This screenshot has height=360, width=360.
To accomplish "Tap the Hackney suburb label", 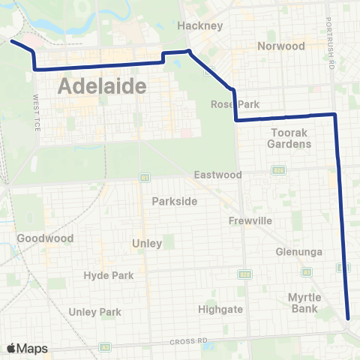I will (200, 25).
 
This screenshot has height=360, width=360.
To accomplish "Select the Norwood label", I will (280, 46).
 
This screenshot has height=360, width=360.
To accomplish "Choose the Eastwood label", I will (217, 175).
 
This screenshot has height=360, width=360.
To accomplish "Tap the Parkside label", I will (174, 201).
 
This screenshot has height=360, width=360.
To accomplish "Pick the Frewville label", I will (250, 220).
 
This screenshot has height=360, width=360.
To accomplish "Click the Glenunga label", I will (298, 251).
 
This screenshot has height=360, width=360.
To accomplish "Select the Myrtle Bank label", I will (305, 302).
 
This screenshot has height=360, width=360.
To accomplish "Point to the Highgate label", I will (219, 308).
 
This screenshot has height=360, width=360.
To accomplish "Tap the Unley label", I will (146, 243).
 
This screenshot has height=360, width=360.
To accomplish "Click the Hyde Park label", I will (108, 275).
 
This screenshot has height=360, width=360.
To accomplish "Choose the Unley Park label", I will (94, 311).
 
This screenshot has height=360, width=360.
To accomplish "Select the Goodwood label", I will (45, 238).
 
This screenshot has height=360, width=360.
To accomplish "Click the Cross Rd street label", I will (187, 342).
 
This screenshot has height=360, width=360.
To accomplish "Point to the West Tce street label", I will (36, 112).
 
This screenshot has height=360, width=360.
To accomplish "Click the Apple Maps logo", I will (27, 348).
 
